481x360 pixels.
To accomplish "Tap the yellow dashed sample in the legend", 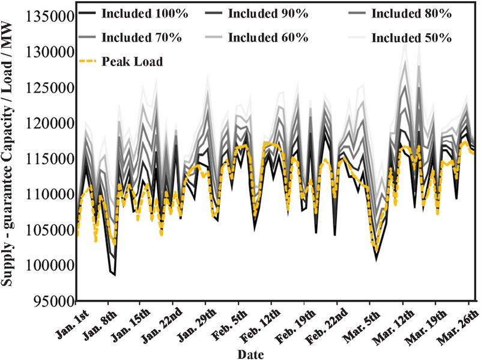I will click(89, 61).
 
